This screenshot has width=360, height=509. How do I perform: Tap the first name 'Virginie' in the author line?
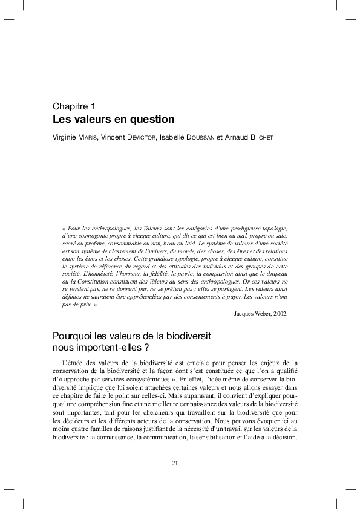pos(65,137)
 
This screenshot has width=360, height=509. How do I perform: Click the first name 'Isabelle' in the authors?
pos(172,137)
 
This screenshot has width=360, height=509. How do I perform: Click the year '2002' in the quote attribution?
pos(280,314)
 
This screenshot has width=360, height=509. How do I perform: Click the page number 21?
pos(175,464)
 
